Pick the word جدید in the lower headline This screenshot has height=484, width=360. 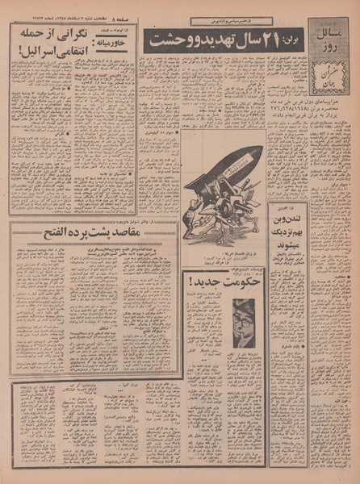click(x=199, y=284)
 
